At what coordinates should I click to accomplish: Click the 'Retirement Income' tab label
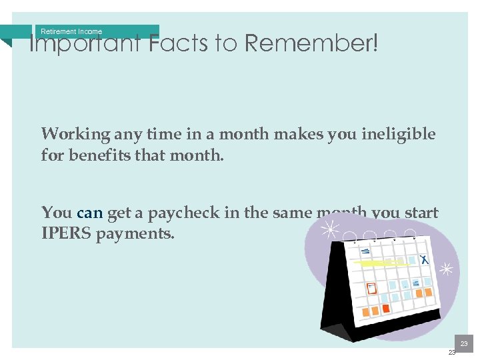(x=71, y=31)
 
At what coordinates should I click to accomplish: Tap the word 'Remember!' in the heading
(x=311, y=44)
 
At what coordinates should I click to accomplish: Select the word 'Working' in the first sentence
(x=75, y=134)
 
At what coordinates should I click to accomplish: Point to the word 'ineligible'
(x=399, y=134)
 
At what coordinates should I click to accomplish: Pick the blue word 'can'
(x=90, y=213)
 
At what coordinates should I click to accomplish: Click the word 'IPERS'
(x=65, y=234)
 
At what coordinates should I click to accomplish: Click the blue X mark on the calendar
(x=423, y=259)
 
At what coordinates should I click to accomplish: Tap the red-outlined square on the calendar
(x=371, y=289)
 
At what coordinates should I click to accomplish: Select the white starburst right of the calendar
(x=446, y=269)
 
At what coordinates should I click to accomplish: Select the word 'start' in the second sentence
(x=421, y=213)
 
